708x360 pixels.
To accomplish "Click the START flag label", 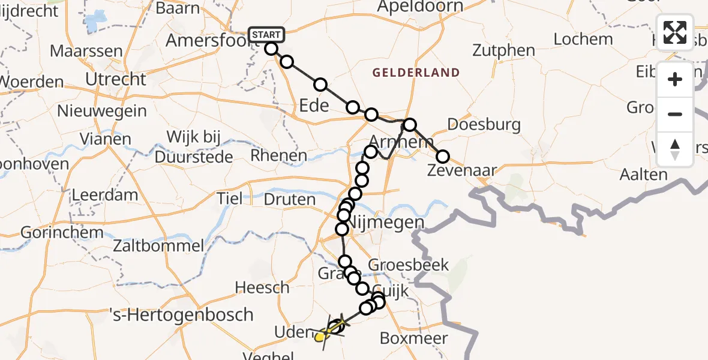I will click(x=265, y=35).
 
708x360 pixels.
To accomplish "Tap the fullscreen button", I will click(x=675, y=32).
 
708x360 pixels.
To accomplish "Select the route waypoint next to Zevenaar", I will click(x=442, y=157).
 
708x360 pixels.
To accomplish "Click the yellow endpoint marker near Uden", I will click(x=320, y=337).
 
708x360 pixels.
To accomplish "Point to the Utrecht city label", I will click(x=116, y=79).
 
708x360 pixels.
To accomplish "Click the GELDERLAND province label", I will click(x=416, y=73).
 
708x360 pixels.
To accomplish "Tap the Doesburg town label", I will click(x=484, y=125).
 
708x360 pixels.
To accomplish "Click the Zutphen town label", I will click(x=503, y=50).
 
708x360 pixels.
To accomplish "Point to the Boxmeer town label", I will click(x=414, y=338).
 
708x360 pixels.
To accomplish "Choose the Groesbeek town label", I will click(x=400, y=265).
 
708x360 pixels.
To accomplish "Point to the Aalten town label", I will click(x=645, y=175).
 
